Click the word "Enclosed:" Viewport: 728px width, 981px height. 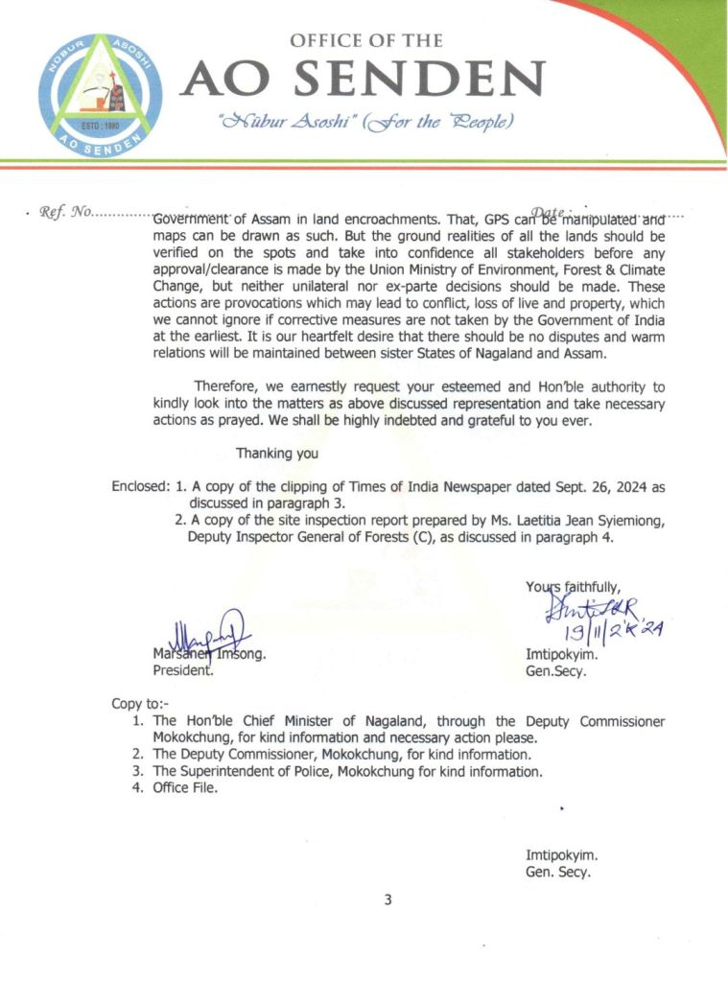[x=140, y=487]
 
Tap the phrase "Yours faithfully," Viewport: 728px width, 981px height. [x=573, y=587]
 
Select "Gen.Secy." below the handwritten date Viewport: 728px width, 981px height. [x=556, y=672]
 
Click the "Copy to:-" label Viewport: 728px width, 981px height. [x=140, y=704]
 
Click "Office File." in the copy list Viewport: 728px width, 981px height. [x=185, y=788]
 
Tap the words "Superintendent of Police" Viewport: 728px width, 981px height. [x=257, y=771]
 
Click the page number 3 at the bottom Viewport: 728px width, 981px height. [x=387, y=899]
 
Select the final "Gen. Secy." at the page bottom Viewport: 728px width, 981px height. [x=557, y=873]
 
